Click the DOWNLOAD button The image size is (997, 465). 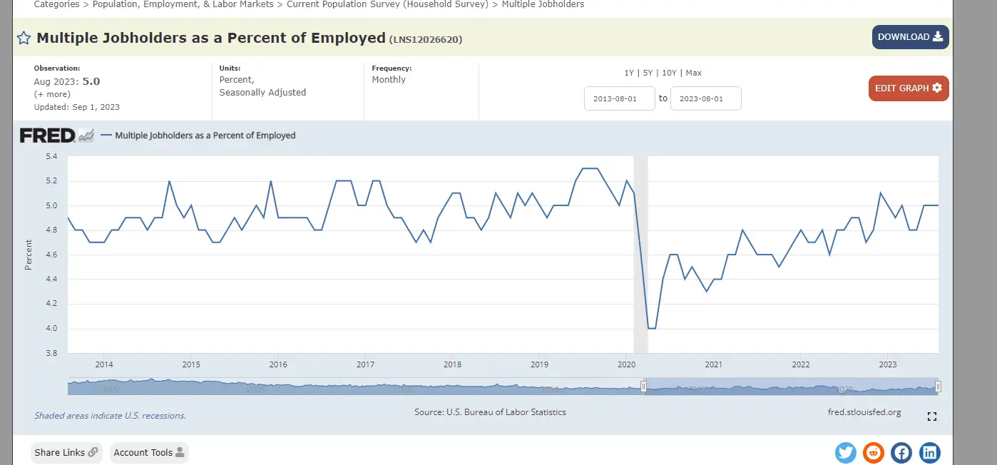(x=910, y=37)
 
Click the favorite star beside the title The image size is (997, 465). (x=24, y=39)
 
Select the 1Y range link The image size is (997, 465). (x=629, y=73)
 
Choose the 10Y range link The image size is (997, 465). (x=669, y=73)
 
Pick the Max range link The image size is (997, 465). (x=693, y=73)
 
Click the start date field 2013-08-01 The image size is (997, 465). (x=619, y=98)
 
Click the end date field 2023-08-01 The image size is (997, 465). (x=705, y=98)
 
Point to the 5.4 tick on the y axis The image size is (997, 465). (x=51, y=156)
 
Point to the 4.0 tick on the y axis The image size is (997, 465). (x=51, y=329)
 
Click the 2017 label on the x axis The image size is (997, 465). (x=365, y=364)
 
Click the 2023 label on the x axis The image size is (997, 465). (x=888, y=364)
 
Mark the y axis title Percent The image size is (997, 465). (x=29, y=255)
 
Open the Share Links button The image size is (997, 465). (x=66, y=452)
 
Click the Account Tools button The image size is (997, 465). (x=149, y=452)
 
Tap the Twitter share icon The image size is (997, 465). (x=846, y=452)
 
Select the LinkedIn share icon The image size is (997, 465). (x=929, y=452)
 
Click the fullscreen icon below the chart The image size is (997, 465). (x=931, y=417)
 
